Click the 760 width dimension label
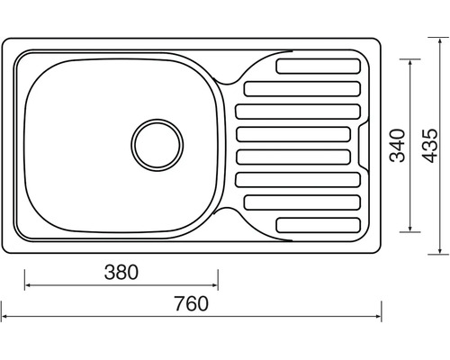click(191, 303)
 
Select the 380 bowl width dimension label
click(121, 272)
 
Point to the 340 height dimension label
click(398, 146)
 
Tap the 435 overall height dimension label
click(429, 146)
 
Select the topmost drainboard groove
click(318, 67)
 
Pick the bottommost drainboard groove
click(318, 225)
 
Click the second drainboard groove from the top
click(302, 89)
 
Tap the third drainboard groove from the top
click(298, 112)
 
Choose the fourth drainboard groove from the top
click(293, 134)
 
